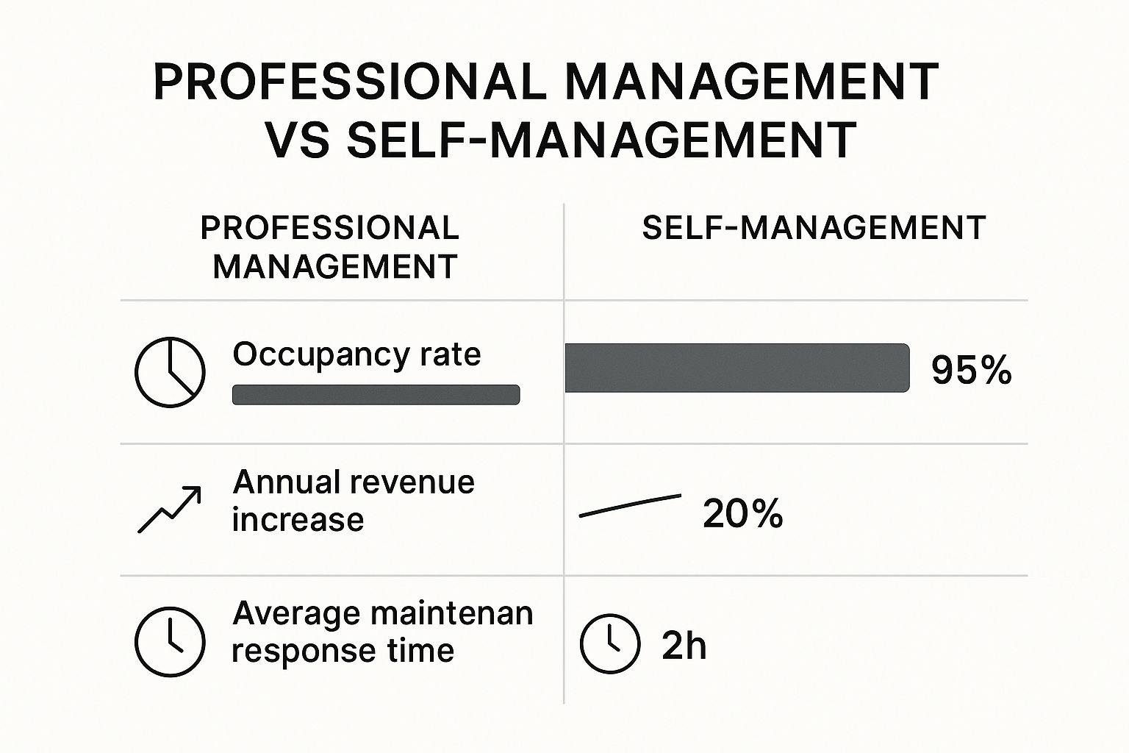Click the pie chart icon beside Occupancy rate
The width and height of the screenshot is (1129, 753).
click(170, 372)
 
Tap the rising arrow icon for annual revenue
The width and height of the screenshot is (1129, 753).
click(170, 509)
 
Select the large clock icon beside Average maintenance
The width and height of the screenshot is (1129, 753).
click(170, 640)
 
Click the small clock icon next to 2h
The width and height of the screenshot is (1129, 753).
click(610, 643)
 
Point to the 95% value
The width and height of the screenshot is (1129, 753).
click(971, 370)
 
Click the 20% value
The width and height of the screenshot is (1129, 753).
click(742, 513)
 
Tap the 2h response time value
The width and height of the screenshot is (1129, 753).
click(684, 646)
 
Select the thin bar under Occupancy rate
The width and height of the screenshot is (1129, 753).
click(376, 395)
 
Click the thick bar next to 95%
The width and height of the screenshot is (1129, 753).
click(736, 368)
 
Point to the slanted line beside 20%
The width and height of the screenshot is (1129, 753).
click(630, 505)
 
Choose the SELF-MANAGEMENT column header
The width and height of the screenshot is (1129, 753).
click(814, 228)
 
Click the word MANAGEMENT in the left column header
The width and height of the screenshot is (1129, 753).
click(335, 266)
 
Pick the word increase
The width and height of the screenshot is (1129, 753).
click(298, 520)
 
